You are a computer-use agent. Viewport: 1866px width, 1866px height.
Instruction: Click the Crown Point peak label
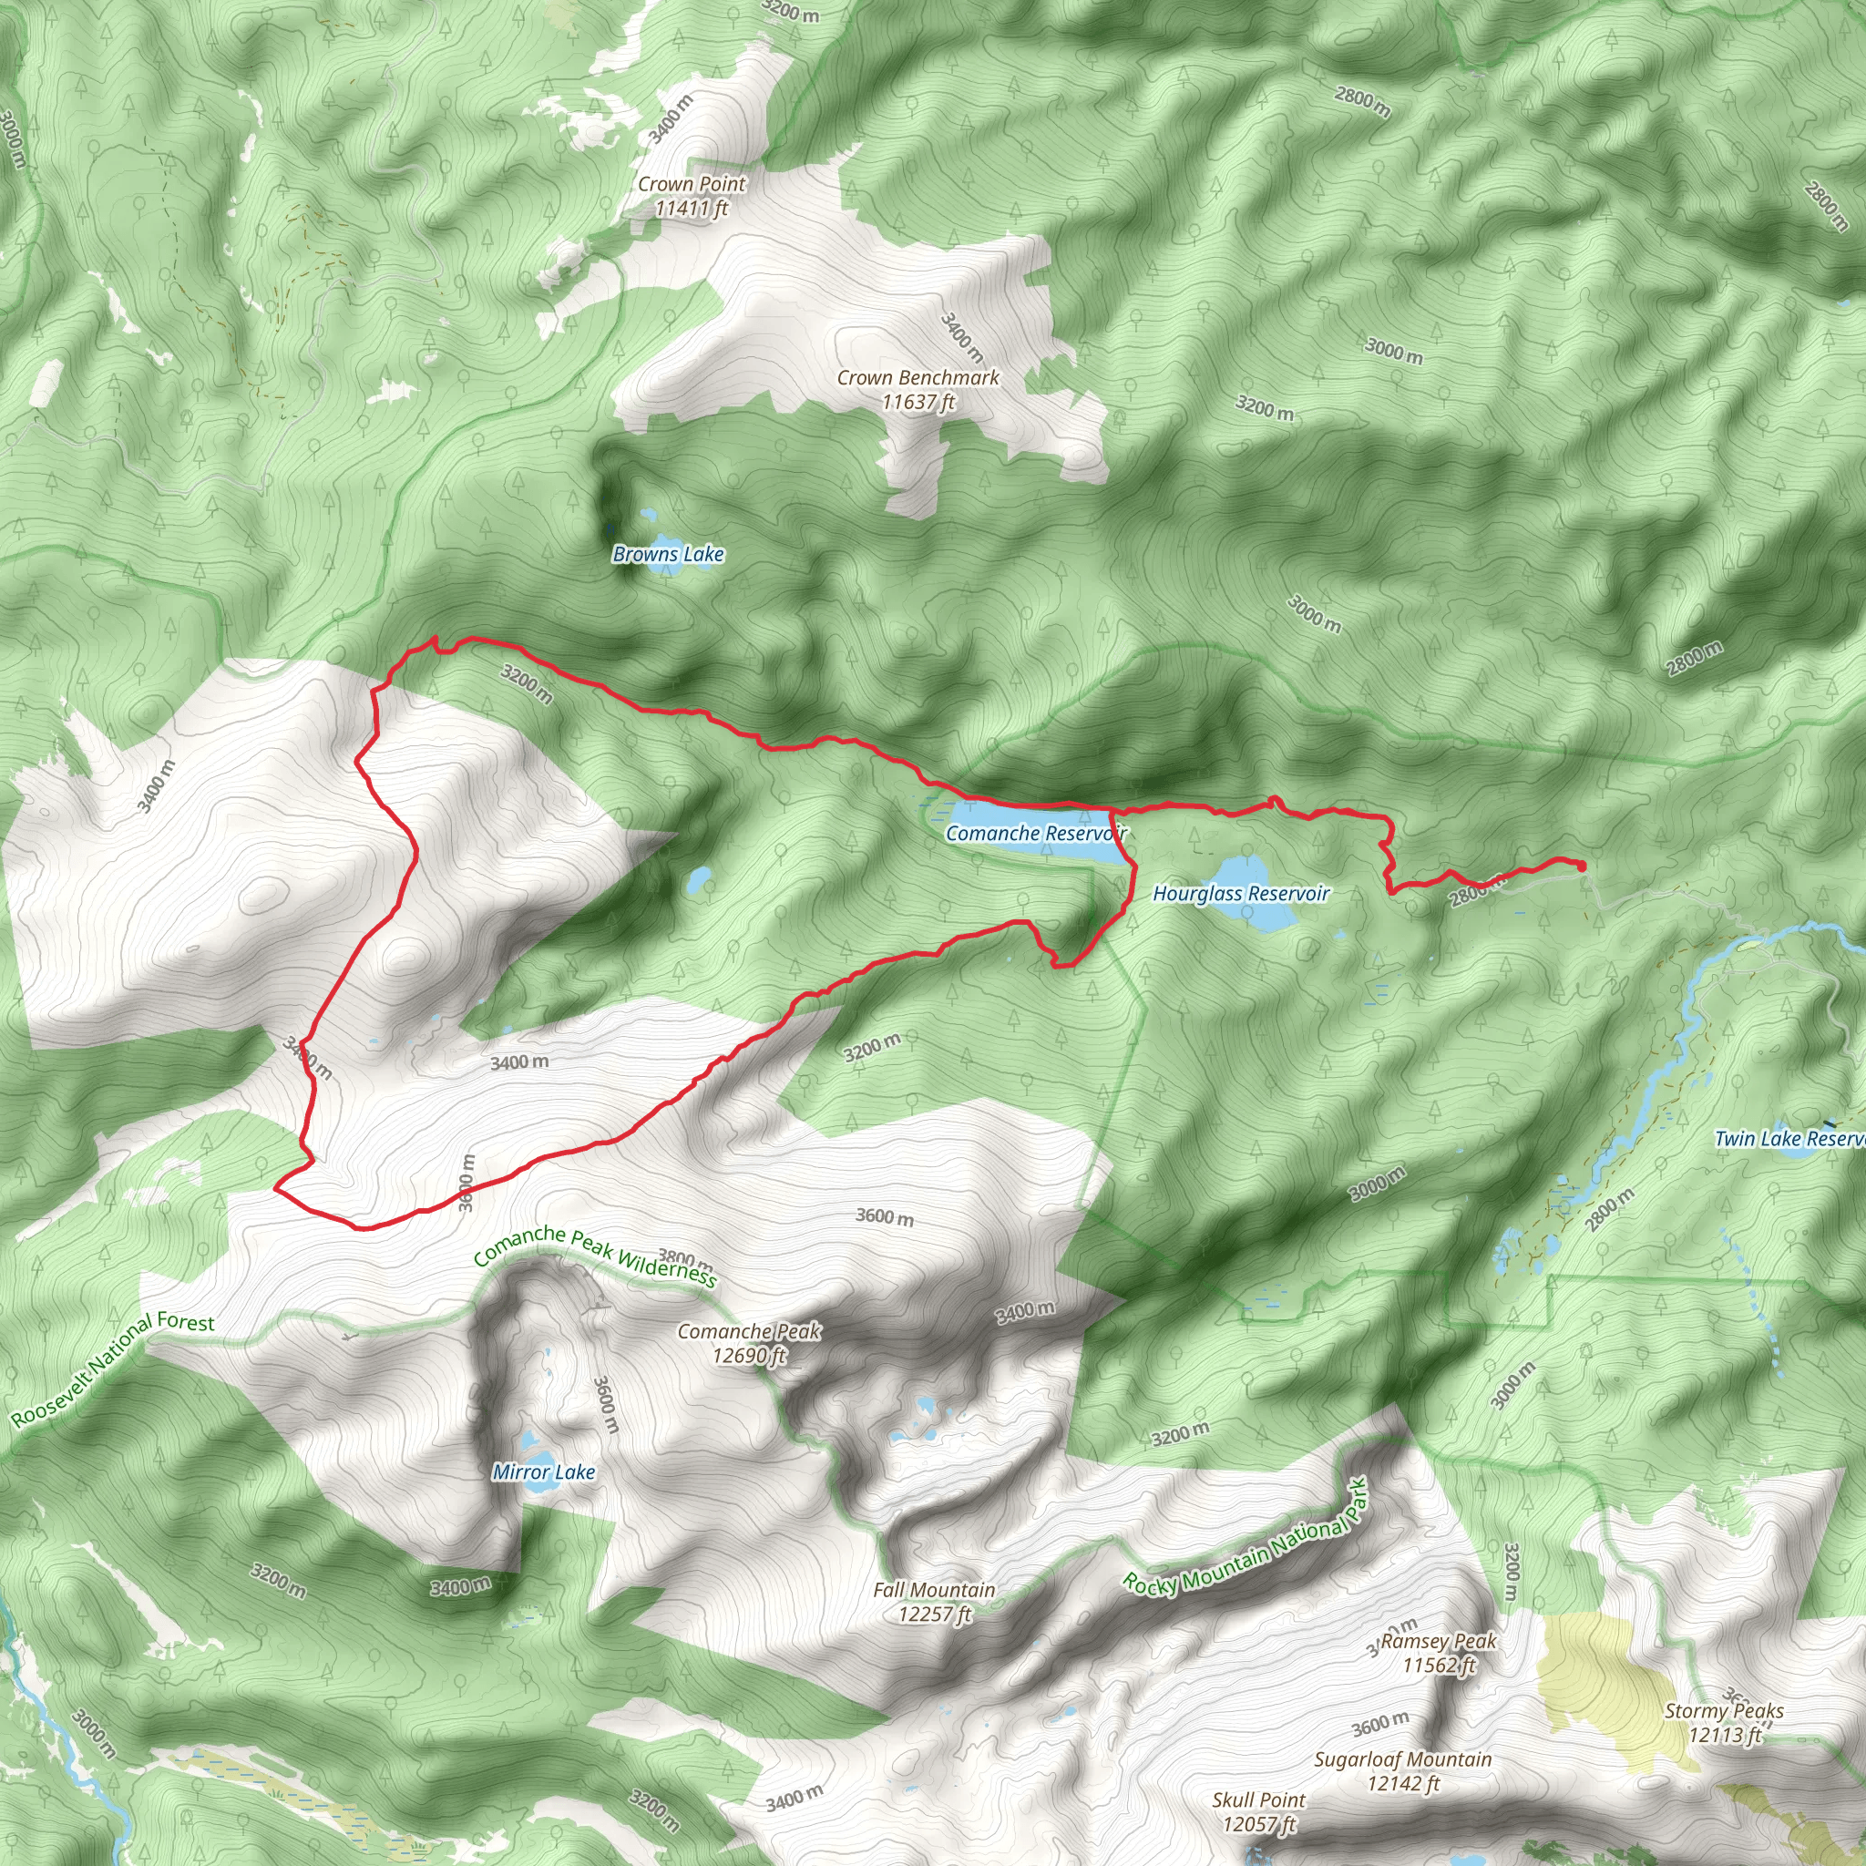click(x=692, y=195)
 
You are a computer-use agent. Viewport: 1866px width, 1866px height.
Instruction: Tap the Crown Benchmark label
click(x=918, y=389)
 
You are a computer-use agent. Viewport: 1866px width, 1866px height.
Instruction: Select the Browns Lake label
click(x=669, y=554)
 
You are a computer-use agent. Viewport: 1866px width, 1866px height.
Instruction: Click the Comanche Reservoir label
click(x=1035, y=833)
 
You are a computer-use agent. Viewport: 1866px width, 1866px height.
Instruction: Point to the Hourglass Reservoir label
click(x=1241, y=894)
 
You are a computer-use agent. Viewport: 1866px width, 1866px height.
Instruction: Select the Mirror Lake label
click(x=544, y=1472)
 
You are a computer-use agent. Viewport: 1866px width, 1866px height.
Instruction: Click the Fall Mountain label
click(x=934, y=1602)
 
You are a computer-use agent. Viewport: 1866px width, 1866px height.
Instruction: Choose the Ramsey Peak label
click(x=1438, y=1653)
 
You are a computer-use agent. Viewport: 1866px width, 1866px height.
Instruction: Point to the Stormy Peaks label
click(x=1724, y=1722)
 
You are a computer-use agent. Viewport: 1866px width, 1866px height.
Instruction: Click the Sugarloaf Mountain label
click(x=1402, y=1771)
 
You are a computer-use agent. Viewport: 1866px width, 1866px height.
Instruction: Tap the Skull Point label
click(x=1258, y=1812)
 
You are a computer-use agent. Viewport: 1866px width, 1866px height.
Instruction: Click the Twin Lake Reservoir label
click(x=1789, y=1139)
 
